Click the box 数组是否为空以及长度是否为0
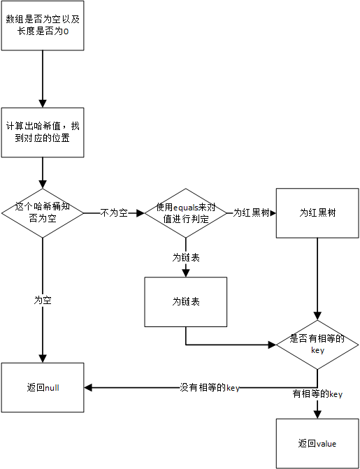[43, 26]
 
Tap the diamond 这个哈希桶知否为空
[43, 212]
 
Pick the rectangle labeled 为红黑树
[317, 212]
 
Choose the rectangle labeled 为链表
[186, 302]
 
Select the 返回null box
[43, 387]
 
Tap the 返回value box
[317, 443]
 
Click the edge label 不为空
[114, 212]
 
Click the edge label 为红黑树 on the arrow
[252, 212]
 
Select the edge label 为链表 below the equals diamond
[186, 257]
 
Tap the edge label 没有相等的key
[210, 387]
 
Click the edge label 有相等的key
[317, 394]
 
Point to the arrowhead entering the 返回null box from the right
[89, 387]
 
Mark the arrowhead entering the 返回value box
[317, 414]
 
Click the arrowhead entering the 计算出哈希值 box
[43, 103]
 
